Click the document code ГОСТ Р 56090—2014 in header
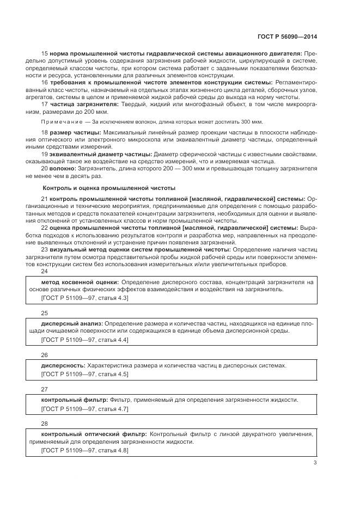coord(286,36)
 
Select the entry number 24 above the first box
coord(45,271)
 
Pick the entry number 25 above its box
coord(45,313)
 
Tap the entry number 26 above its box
coord(45,354)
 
